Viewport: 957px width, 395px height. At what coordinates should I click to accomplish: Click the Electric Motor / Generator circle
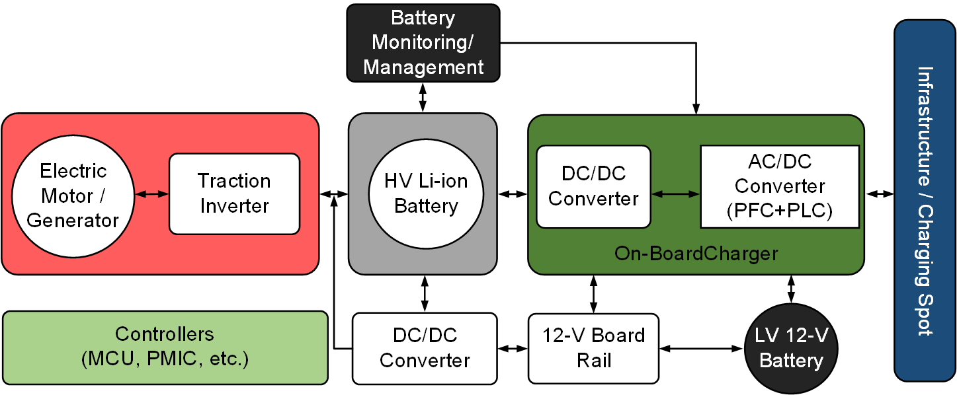coord(73,196)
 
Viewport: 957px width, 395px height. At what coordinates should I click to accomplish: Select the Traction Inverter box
coord(235,194)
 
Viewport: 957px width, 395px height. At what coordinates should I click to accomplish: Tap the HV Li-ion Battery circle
coord(426,193)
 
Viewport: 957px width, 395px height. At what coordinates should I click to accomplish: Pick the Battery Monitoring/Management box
coord(423,42)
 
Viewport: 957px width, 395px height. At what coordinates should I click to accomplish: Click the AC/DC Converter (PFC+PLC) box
coord(780,186)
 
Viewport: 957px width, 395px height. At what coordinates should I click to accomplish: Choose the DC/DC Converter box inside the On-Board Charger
coord(593,186)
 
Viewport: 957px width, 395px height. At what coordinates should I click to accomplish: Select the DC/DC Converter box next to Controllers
coord(425,348)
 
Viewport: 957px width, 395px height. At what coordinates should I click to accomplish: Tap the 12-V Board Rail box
coord(593,348)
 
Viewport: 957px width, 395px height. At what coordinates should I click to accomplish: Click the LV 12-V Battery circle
coord(791,348)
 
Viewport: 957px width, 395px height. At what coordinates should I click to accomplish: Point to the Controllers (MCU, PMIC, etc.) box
coord(165,347)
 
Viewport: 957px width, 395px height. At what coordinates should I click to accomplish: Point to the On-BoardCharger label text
coord(696,254)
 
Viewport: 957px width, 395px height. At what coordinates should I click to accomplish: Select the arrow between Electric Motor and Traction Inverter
coord(151,194)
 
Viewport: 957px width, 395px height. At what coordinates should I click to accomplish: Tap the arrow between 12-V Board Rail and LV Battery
coord(702,348)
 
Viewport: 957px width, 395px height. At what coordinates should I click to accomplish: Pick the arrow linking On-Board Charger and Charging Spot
coord(880,194)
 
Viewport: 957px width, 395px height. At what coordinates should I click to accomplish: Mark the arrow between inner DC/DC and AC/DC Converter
coord(675,194)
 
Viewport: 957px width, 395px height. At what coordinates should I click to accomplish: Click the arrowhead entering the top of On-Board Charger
coord(696,109)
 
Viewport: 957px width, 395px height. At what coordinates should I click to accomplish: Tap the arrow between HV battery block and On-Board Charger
coord(513,194)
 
